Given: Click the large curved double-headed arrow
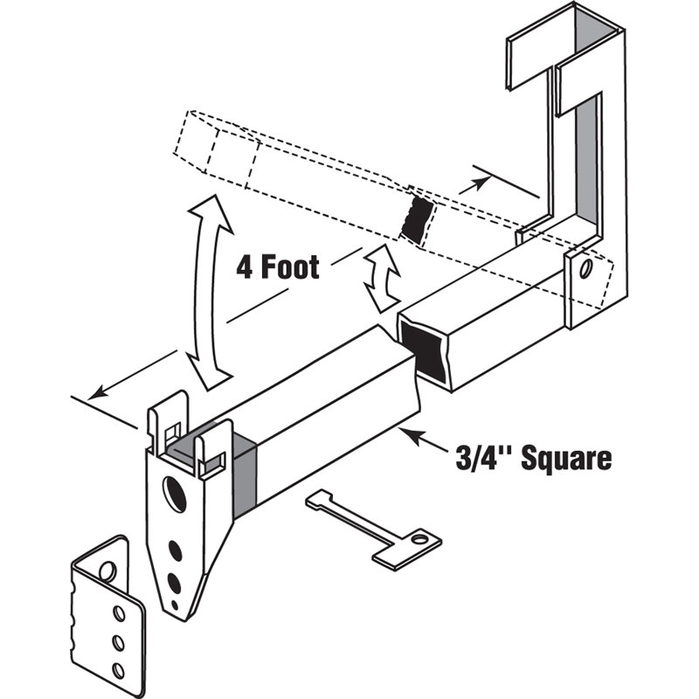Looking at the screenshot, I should coord(203,292).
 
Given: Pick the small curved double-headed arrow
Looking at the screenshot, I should coord(382,279).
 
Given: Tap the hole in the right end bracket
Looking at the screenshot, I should coord(585,266).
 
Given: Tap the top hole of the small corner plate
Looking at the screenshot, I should coord(107,572).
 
